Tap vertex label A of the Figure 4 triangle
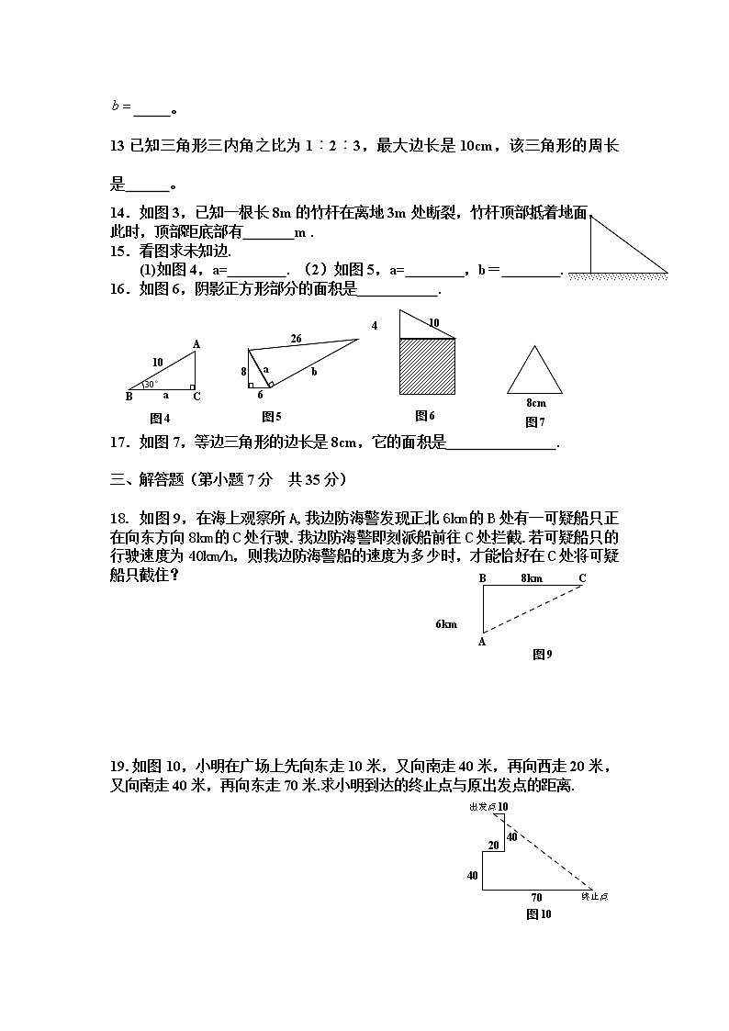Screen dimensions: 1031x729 click(196, 344)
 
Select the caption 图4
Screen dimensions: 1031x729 click(161, 418)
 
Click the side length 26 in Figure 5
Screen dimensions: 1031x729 click(297, 338)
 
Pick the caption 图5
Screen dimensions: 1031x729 click(271, 416)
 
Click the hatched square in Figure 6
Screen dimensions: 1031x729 click(427, 367)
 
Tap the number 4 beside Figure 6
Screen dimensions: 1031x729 click(375, 326)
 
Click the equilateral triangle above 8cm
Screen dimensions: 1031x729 click(534, 372)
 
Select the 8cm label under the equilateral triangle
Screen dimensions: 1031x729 click(535, 403)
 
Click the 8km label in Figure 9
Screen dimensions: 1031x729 click(531, 577)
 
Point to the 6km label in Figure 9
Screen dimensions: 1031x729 click(446, 624)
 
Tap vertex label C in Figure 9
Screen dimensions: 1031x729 click(582, 577)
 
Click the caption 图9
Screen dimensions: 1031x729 click(542, 655)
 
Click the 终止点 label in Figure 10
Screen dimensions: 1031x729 click(596, 896)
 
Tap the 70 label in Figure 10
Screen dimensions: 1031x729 click(536, 897)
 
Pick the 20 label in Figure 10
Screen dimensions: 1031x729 click(493, 845)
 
